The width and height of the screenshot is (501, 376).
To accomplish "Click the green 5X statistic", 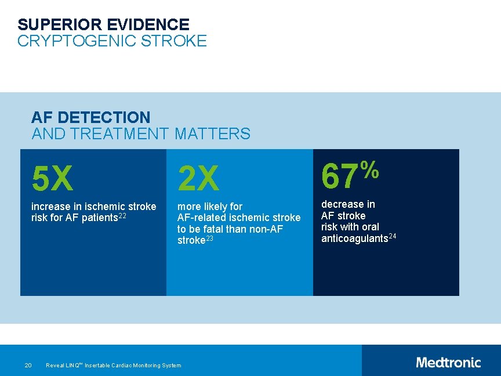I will point(53,178).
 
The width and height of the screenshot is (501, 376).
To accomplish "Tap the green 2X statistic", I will point(199,178).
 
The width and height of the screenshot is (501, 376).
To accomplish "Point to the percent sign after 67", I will point(370,170).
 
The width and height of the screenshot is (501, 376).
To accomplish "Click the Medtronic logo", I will point(448,363).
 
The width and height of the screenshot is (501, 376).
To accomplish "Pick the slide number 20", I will point(28,365).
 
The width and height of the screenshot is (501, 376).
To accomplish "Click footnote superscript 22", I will point(122,216).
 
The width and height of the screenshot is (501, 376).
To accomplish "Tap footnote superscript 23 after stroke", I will point(210,238).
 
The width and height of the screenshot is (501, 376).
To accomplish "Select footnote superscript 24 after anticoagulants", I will point(393,236).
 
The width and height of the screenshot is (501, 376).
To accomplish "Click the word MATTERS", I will point(212,134).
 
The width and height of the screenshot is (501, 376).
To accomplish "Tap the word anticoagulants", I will point(354,238).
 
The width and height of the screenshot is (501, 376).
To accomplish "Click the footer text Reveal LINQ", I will point(64,365).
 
